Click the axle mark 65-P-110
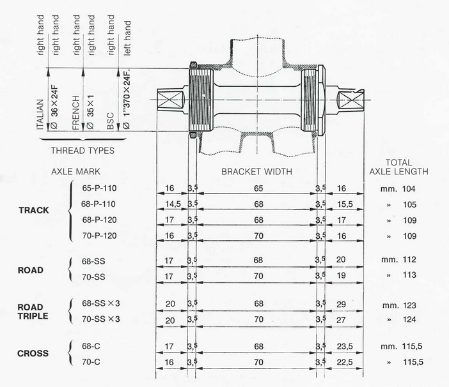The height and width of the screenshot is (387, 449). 99,188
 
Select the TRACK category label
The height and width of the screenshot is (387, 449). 34,210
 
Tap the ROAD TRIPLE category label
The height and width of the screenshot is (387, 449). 33,312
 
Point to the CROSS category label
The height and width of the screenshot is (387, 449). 33,353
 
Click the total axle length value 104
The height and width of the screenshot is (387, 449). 409,188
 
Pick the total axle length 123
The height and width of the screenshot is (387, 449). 410,305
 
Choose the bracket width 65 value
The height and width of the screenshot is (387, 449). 258,188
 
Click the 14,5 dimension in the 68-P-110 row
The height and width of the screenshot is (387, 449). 173,204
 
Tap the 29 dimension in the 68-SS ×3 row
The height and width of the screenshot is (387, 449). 341,304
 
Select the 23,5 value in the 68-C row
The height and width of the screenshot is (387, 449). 345,346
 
